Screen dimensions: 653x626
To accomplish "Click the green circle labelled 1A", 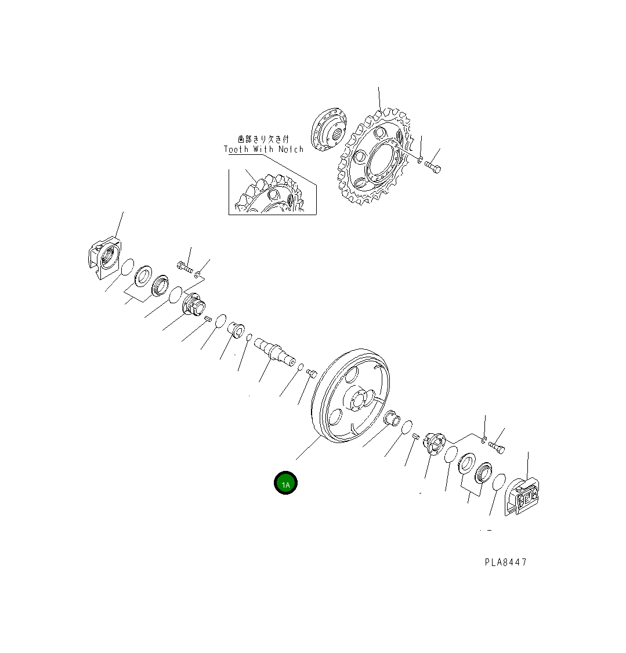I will pos(285,484).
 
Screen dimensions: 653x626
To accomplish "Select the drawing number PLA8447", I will pos(506,562).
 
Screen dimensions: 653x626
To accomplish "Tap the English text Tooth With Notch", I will pos(264,149).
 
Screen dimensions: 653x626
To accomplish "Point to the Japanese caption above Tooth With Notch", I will pos(263,139).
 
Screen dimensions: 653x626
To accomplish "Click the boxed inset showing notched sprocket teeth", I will pos(272,191).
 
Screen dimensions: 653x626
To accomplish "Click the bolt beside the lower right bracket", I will pos(497,447).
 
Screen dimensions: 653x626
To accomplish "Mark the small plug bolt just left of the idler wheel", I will pos(310,372).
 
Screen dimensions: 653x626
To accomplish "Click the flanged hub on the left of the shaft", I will pos(193,305).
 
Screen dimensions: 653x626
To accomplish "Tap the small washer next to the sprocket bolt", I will pos(420,158).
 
